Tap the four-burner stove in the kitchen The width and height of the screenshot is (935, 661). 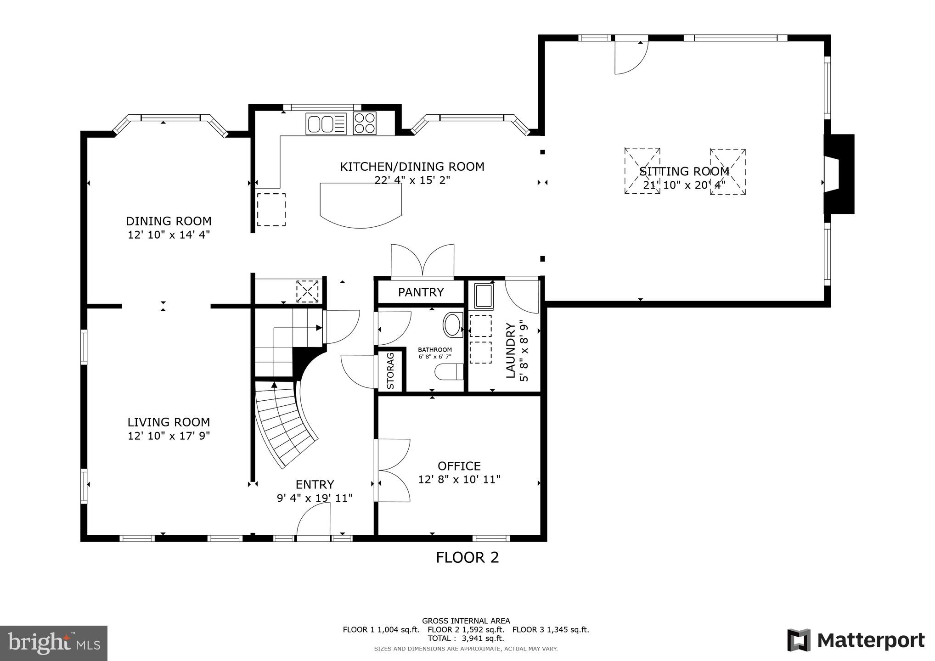[365, 123]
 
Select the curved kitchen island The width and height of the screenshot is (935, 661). [361, 204]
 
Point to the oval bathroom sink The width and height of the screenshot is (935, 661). [453, 325]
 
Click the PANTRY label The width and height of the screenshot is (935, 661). [421, 292]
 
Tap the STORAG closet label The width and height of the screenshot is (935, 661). [391, 370]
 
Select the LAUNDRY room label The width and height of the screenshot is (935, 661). [510, 351]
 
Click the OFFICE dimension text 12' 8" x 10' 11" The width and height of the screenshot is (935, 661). [459, 480]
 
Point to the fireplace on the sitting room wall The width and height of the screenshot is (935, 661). [839, 174]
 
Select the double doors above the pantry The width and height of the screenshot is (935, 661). [422, 261]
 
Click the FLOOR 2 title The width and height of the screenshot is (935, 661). [467, 558]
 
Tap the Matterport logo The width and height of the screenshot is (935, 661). [856, 640]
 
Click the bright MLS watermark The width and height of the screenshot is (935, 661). [54, 644]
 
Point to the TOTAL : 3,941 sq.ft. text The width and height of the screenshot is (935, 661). [466, 639]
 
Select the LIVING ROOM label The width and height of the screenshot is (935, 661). [169, 422]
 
